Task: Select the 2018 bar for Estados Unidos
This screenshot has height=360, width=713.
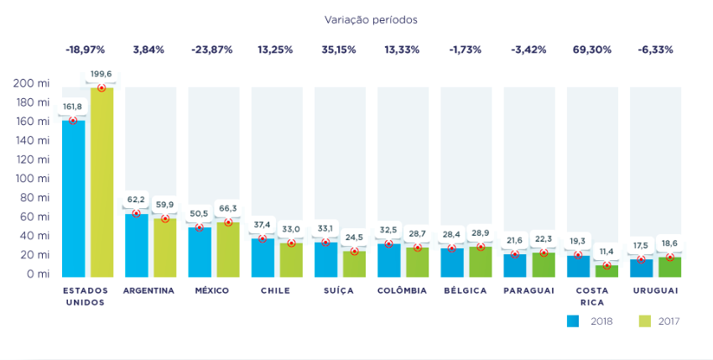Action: pos(73,198)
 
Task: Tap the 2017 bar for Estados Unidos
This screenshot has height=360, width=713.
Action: pos(101,181)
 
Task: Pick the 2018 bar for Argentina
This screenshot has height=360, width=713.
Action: pos(136,245)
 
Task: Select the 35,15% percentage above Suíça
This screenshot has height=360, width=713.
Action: pos(338,50)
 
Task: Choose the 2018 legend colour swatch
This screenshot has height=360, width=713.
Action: pos(574,321)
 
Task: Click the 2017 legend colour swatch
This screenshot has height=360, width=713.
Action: pos(645,321)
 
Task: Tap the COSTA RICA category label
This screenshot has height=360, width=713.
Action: pos(592,296)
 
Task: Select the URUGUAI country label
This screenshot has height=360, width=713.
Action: pos(654,291)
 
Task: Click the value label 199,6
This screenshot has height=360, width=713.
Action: pos(101,73)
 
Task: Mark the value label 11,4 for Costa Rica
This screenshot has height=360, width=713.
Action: pos(606,251)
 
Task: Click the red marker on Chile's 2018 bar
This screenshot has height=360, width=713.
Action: pos(262,239)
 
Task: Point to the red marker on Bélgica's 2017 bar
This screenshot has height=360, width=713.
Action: pos(480,247)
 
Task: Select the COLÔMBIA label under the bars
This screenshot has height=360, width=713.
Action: pos(402,291)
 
